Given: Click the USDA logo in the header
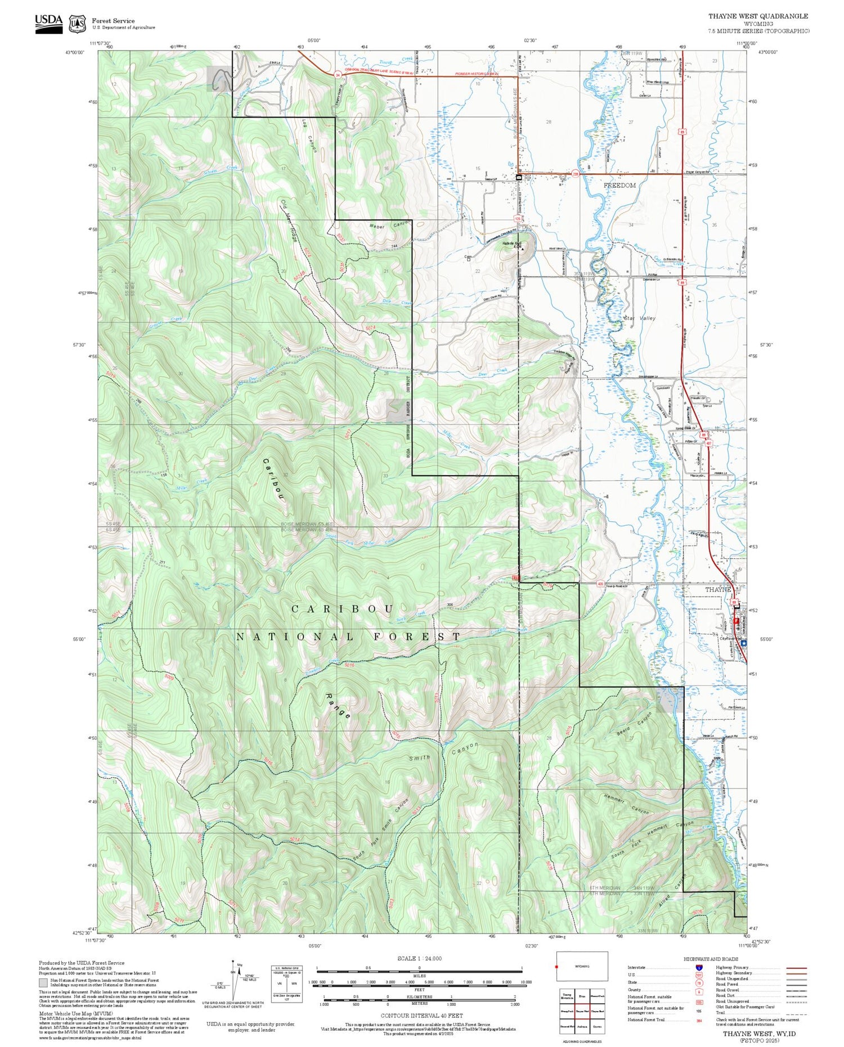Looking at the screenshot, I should click(x=49, y=23).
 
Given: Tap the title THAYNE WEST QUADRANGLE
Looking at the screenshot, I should click(x=758, y=16).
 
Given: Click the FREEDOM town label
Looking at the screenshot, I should click(x=619, y=185).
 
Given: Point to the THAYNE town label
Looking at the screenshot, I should click(x=718, y=589).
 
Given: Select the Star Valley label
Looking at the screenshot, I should click(x=640, y=318).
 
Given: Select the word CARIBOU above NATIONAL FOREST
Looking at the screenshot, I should click(x=343, y=610).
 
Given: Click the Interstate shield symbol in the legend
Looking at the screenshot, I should click(x=699, y=967).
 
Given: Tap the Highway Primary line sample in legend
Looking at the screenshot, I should click(x=793, y=968).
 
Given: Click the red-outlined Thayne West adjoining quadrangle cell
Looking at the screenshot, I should click(x=582, y=1011).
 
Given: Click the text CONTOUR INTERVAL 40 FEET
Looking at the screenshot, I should click(x=421, y=1016).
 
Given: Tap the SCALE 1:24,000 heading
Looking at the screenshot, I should click(x=419, y=958).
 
